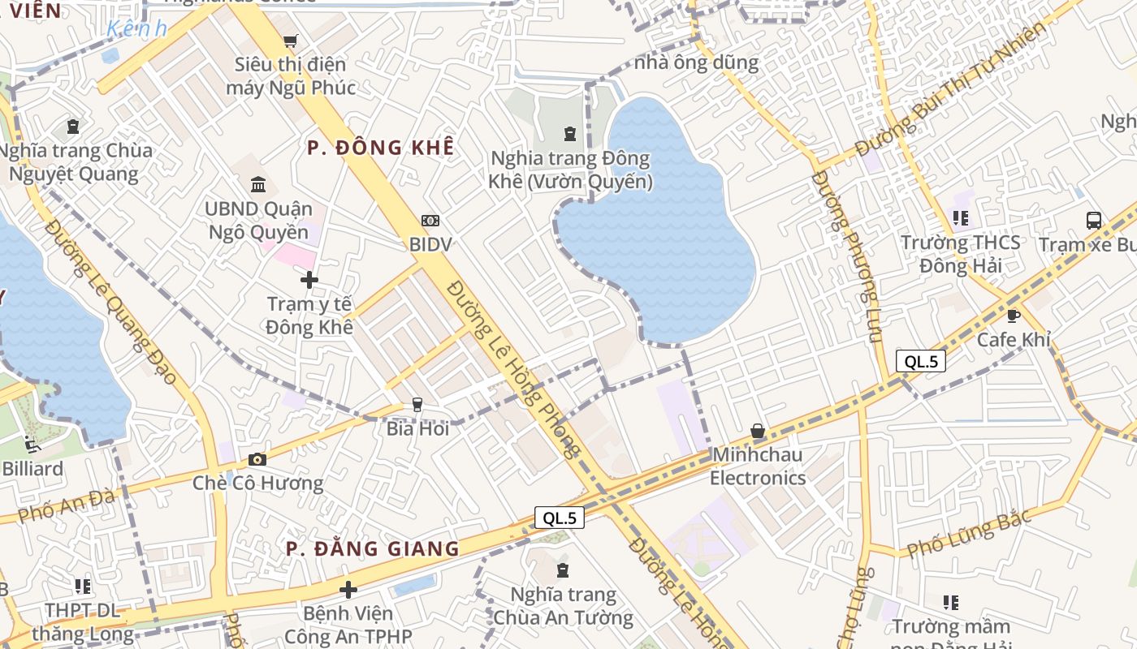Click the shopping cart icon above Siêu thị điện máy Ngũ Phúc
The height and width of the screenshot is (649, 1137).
pos(290,41)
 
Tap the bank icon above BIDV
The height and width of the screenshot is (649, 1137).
pos(430,220)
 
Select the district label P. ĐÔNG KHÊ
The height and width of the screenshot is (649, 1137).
pos(380,148)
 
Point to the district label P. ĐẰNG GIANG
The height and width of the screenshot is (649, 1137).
pos(373,549)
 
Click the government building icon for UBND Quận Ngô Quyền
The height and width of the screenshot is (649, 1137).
pos(258,184)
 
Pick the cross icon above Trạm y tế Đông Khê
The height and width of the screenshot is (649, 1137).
pos(309,280)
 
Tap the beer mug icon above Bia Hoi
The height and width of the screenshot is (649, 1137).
pos(417,404)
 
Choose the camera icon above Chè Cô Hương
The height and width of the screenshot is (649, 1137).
pos(257,460)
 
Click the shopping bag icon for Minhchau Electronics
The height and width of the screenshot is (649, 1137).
pos(758,431)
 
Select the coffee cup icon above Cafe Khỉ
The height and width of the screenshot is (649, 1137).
pos(1013,315)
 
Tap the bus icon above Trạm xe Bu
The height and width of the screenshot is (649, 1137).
pos(1094,220)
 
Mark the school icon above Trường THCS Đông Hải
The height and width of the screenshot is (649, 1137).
pos(961,217)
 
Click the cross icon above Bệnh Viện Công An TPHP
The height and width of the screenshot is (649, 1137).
pos(348,589)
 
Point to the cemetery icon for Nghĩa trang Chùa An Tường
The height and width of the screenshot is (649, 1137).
pos(563,569)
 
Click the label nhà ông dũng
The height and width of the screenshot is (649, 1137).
pos(696,62)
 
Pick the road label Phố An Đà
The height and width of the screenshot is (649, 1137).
pos(67,505)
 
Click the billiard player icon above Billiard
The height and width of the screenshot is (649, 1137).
pos(32,444)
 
